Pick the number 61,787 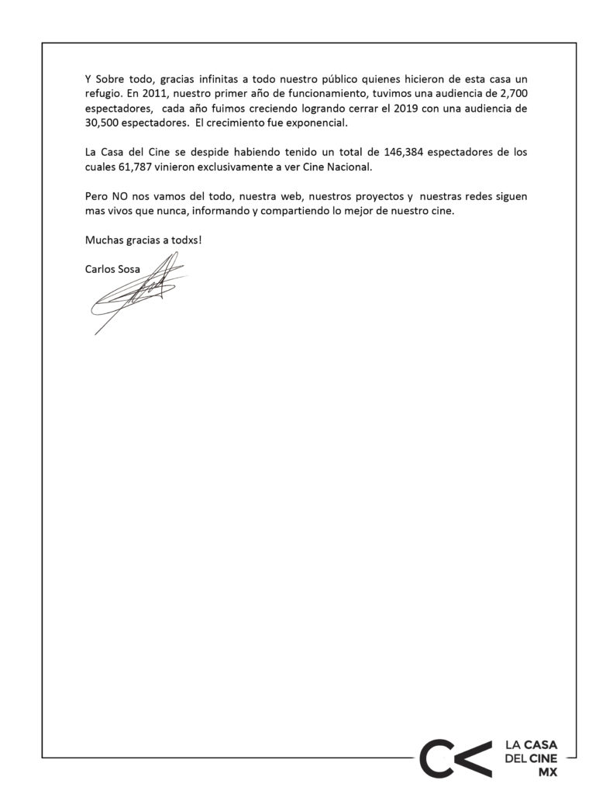coord(137,166)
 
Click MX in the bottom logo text coord(547,772)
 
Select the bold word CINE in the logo coord(542,758)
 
